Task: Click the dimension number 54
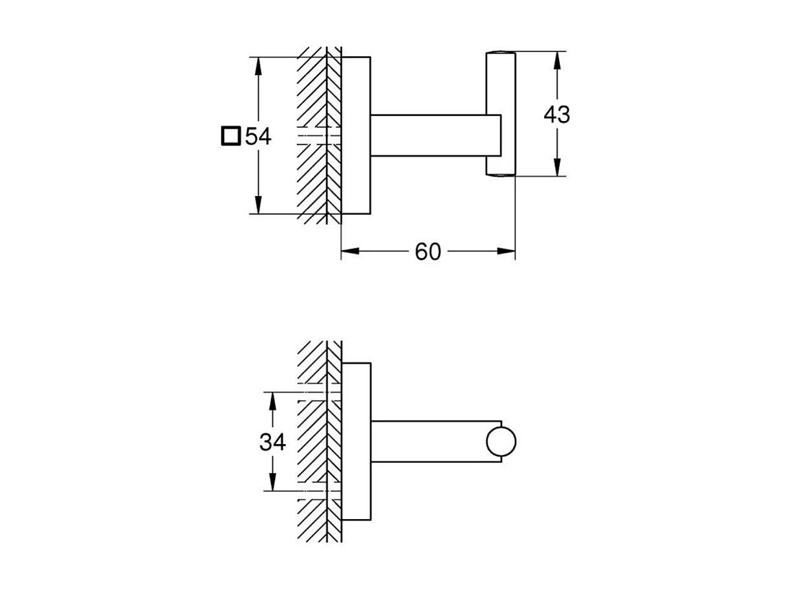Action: (258, 137)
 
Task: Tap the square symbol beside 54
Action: (230, 137)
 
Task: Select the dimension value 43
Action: (556, 115)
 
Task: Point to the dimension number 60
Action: (427, 252)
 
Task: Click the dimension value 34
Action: (272, 442)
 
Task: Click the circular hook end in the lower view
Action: (501, 442)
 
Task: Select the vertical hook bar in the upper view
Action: (501, 113)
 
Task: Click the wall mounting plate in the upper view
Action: (356, 135)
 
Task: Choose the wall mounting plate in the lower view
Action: (356, 441)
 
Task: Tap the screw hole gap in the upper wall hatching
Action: (318, 137)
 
